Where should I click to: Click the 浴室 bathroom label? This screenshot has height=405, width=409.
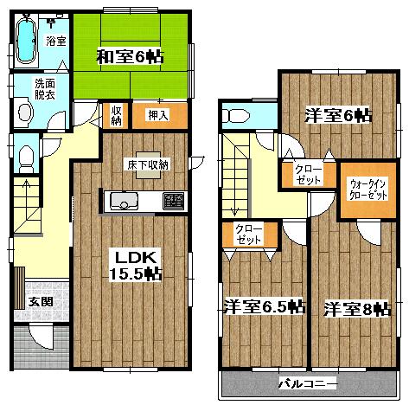click(x=55, y=41)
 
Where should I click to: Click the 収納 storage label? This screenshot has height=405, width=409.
click(x=116, y=114)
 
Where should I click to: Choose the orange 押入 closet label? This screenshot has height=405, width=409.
click(x=157, y=114)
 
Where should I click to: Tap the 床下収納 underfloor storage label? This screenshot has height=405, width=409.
click(x=148, y=164)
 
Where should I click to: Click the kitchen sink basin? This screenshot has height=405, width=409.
click(x=121, y=202)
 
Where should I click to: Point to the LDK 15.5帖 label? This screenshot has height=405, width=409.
click(x=131, y=263)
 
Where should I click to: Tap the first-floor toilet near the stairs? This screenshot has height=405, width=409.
click(x=27, y=157)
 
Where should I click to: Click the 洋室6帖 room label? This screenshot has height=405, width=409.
click(x=337, y=115)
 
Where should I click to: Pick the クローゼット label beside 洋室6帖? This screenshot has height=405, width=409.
click(x=308, y=174)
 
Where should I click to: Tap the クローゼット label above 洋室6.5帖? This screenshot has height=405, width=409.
click(x=249, y=233)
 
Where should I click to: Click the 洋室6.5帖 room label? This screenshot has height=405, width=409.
click(x=263, y=306)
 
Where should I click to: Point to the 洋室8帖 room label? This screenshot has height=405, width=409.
click(x=357, y=308)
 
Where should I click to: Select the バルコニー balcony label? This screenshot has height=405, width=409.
click(x=307, y=382)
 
